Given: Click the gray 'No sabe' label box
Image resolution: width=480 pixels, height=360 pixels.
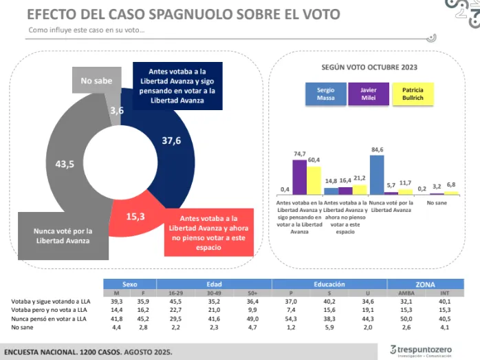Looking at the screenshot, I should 96,81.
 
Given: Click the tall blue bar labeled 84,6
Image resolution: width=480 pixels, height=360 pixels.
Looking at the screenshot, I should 377,175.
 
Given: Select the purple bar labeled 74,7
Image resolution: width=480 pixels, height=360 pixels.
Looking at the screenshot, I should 299,177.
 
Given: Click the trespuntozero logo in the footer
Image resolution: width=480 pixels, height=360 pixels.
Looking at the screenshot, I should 420,350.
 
